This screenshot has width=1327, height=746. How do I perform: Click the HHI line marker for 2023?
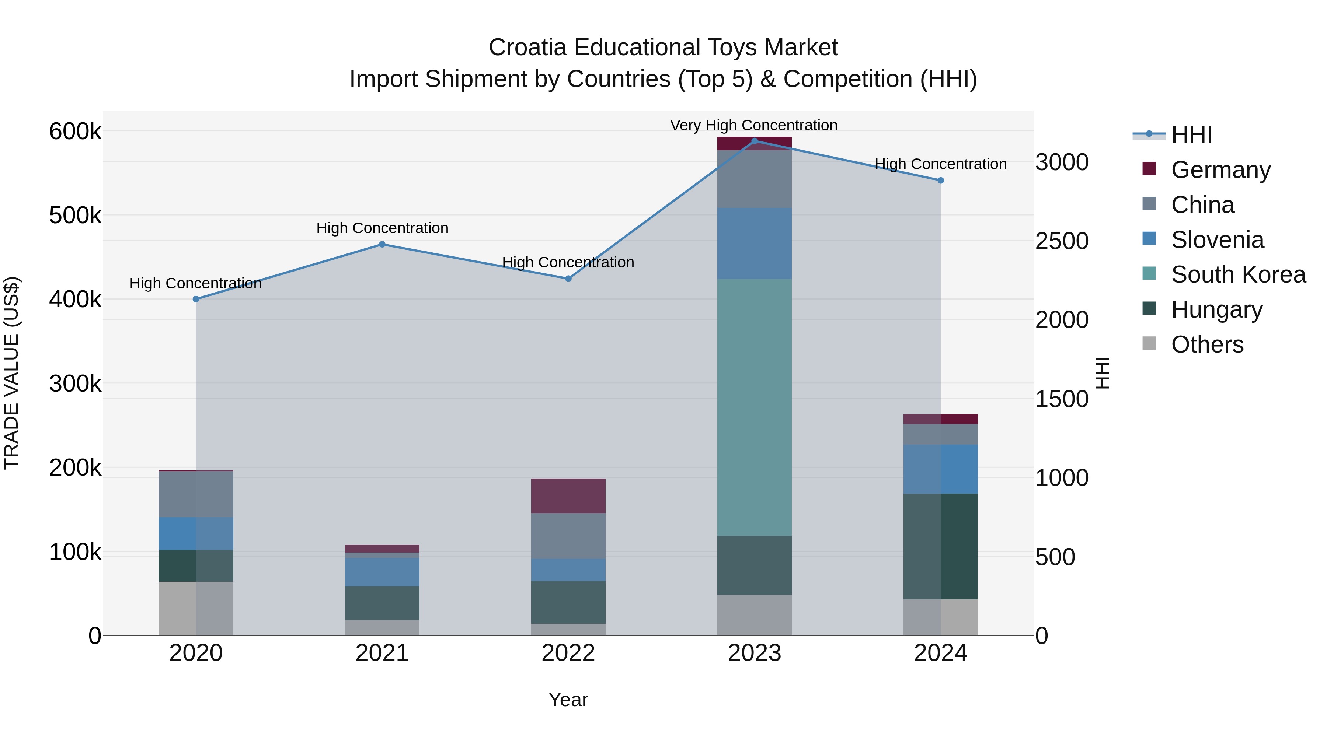tap(754, 141)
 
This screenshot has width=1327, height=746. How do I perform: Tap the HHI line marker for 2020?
tap(196, 299)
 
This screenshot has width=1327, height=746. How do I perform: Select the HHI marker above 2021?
tap(382, 245)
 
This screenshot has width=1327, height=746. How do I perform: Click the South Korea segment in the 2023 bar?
tap(754, 407)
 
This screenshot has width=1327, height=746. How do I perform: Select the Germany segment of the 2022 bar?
tap(568, 496)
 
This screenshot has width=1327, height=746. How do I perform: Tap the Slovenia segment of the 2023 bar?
tap(754, 244)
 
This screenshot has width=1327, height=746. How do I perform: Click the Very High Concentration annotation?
tap(754, 125)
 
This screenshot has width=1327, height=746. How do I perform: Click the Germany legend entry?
tap(1220, 170)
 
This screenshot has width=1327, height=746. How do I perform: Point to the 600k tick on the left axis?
tap(75, 131)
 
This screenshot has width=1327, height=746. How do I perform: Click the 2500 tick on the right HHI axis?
tap(1062, 241)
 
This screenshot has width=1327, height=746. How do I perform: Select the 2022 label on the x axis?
tap(568, 653)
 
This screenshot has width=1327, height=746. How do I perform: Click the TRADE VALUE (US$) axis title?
tap(11, 373)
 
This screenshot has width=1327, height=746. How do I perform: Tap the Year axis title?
tap(568, 700)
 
